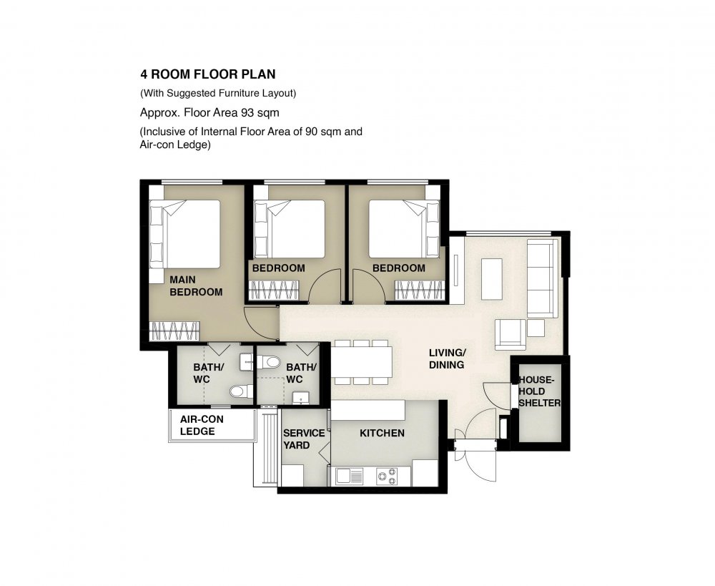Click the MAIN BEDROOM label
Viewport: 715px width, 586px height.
[196, 285]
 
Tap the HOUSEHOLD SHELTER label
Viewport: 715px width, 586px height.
[539, 391]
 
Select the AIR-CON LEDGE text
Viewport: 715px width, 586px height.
[202, 425]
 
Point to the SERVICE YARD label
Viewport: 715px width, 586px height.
[304, 439]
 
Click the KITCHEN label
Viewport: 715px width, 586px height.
[382, 433]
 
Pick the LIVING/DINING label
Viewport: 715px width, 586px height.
[447, 358]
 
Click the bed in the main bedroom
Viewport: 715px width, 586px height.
[184, 234]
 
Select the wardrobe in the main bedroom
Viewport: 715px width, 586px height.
[174, 331]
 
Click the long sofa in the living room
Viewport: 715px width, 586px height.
[543, 278]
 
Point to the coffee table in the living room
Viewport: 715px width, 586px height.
[491, 278]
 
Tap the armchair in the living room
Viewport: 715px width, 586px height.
[511, 335]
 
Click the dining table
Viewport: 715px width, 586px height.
[362, 362]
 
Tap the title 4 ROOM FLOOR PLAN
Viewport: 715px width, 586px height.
[208, 74]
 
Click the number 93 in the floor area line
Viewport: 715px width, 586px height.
[247, 112]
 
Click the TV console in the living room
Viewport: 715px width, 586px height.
[456, 270]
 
